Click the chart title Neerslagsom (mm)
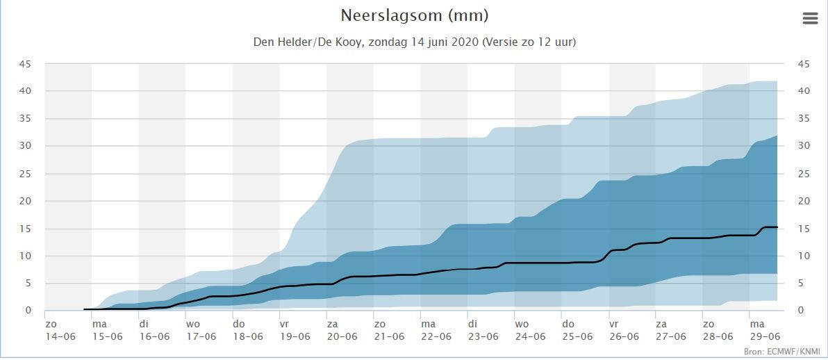pos(414,15)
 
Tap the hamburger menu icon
pos(810,19)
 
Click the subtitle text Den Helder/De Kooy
pos(317,42)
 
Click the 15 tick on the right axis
pos(804,229)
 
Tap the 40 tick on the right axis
pos(804,91)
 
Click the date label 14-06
pos(60,336)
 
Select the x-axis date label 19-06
pos(295,336)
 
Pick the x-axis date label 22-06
pos(436,336)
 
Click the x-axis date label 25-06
pos(577,336)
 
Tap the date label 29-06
pos(765,336)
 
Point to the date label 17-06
pos(201,336)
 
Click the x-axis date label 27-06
pos(671,336)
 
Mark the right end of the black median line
pos(777,227)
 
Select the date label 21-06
pos(389,336)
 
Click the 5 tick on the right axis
pos(801,284)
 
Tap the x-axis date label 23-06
pos(483,336)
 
